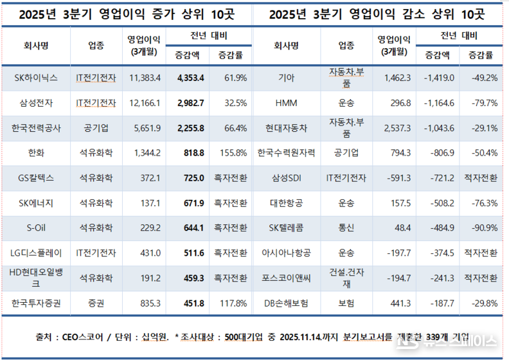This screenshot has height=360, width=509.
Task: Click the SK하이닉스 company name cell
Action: click(36, 78)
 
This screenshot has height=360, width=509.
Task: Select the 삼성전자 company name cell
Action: click(36, 102)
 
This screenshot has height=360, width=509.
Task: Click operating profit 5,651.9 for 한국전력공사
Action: click(145, 128)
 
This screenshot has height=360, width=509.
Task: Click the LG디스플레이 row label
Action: click(36, 253)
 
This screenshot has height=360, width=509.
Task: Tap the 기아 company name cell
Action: click(287, 78)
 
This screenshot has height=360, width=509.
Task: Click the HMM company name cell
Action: click(287, 102)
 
